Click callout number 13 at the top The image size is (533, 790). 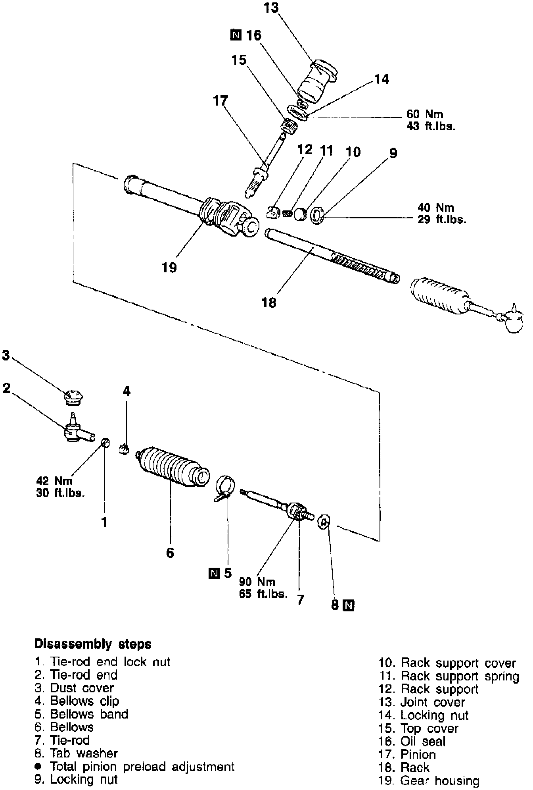[x=272, y=8]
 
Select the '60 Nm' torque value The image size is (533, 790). [x=425, y=114]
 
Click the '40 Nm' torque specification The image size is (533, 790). [x=435, y=208]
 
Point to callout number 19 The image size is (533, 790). [x=169, y=267]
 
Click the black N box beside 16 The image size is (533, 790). [x=235, y=36]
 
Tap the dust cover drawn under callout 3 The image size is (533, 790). [x=74, y=397]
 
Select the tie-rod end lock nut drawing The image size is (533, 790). [x=105, y=442]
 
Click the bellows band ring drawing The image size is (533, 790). [x=225, y=485]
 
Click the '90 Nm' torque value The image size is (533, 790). [x=257, y=582]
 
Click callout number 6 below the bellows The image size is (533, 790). [x=170, y=552]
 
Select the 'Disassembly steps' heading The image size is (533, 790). [x=93, y=644]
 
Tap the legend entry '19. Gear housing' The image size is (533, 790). [x=429, y=781]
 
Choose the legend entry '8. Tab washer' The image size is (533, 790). [x=76, y=753]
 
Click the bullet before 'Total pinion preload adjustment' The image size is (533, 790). [x=38, y=767]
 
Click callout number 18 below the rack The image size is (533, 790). [x=269, y=303]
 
